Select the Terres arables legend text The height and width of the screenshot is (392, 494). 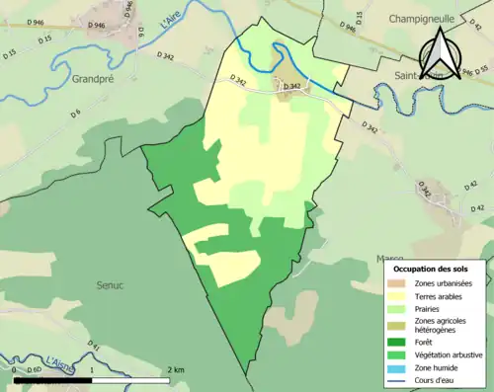click(x=437, y=294)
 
